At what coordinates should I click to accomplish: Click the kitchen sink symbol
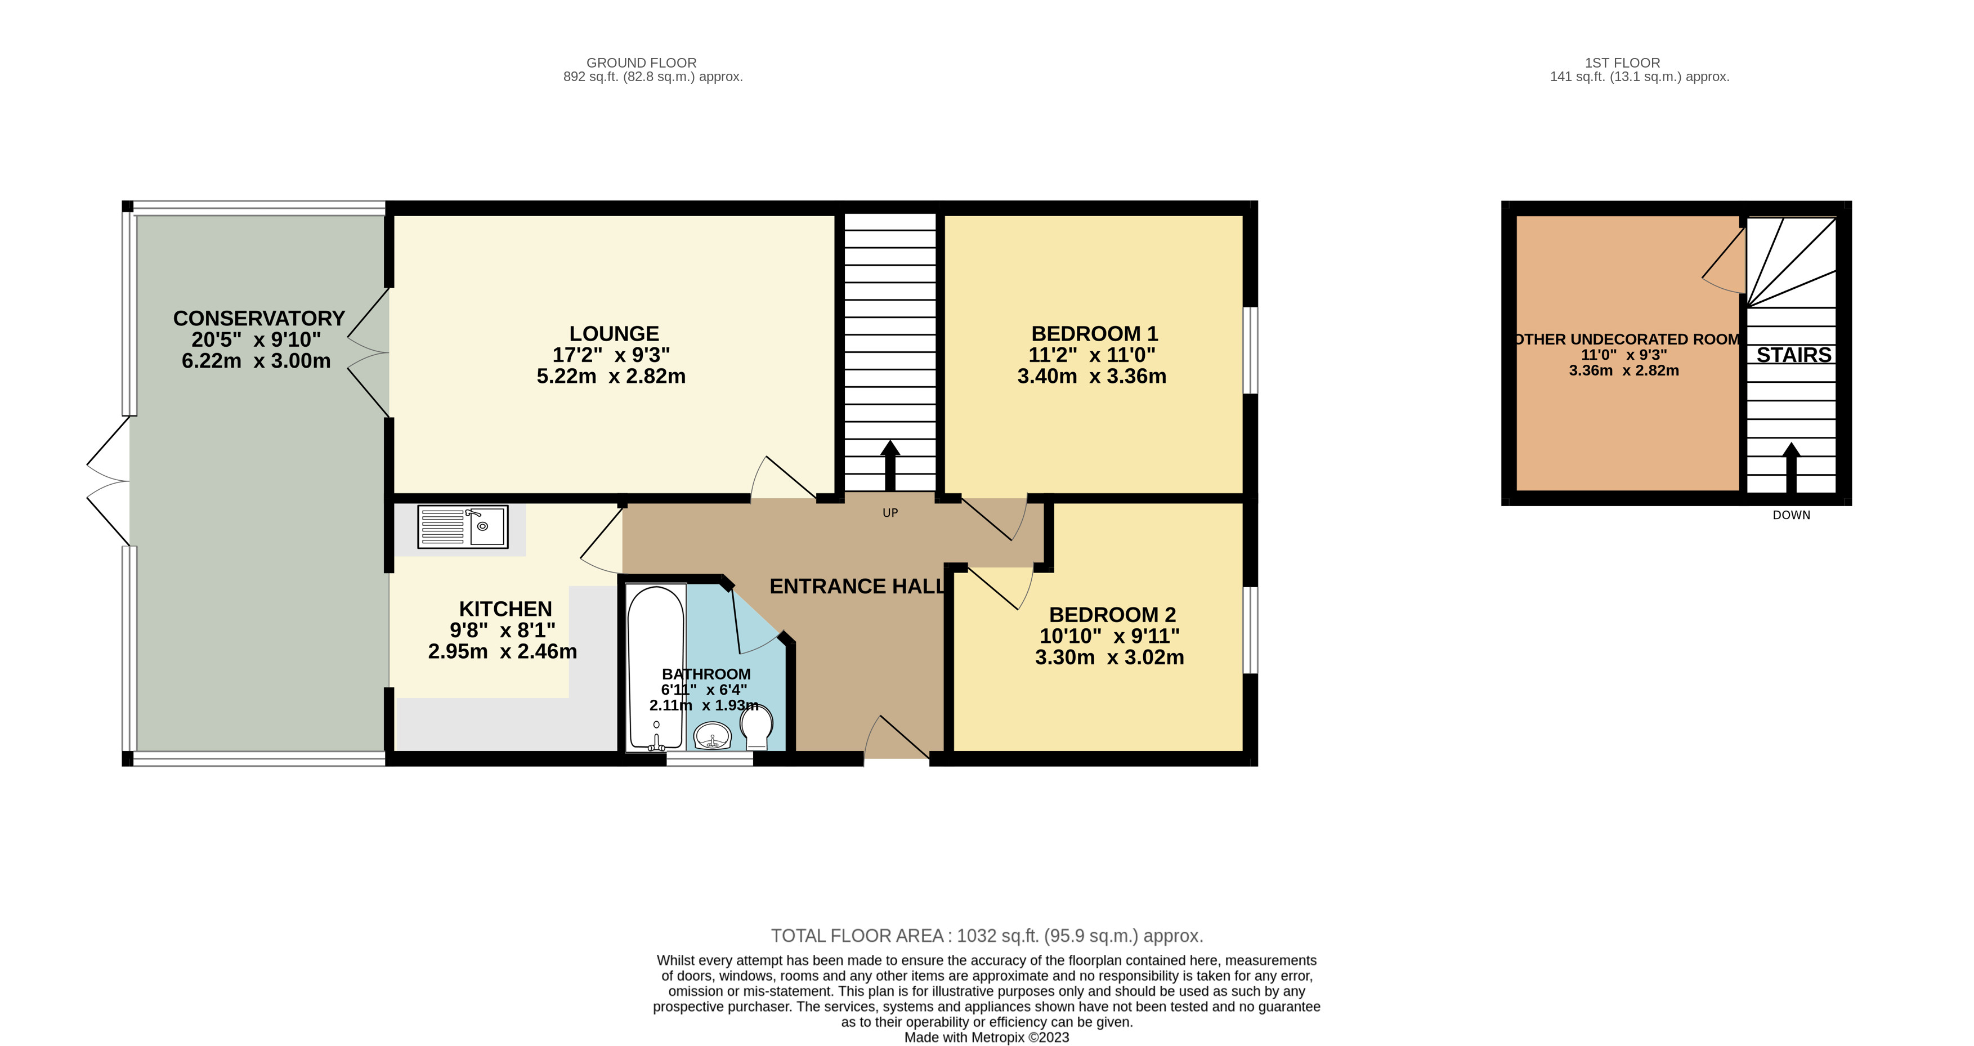(x=463, y=526)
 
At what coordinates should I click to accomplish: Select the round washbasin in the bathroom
(x=713, y=737)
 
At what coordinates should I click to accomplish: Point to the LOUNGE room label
(x=614, y=334)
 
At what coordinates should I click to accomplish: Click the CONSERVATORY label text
(x=259, y=319)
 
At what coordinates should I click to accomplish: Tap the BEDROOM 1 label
(x=1094, y=334)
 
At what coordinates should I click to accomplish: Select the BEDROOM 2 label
(x=1112, y=615)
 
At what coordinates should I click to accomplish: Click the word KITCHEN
(x=505, y=609)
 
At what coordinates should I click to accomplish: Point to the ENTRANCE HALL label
(x=857, y=586)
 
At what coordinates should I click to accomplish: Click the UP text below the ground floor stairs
(x=890, y=513)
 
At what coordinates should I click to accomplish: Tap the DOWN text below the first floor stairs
(x=1791, y=516)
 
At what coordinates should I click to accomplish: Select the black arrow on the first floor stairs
(x=1791, y=467)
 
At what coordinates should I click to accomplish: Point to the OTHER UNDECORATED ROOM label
(x=1627, y=339)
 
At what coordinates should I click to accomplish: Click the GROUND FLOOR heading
(x=642, y=63)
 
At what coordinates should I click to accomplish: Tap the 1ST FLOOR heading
(x=1622, y=63)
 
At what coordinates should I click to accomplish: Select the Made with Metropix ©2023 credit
(x=986, y=1038)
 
